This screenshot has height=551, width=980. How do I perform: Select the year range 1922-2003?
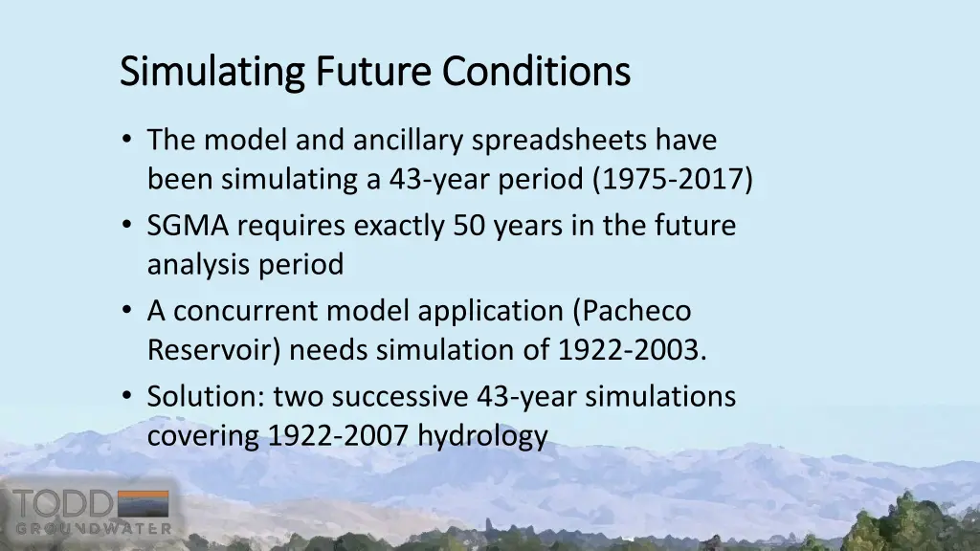(633, 351)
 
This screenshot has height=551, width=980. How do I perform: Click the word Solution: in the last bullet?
(206, 397)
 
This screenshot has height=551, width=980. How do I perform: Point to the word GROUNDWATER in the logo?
(93, 528)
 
